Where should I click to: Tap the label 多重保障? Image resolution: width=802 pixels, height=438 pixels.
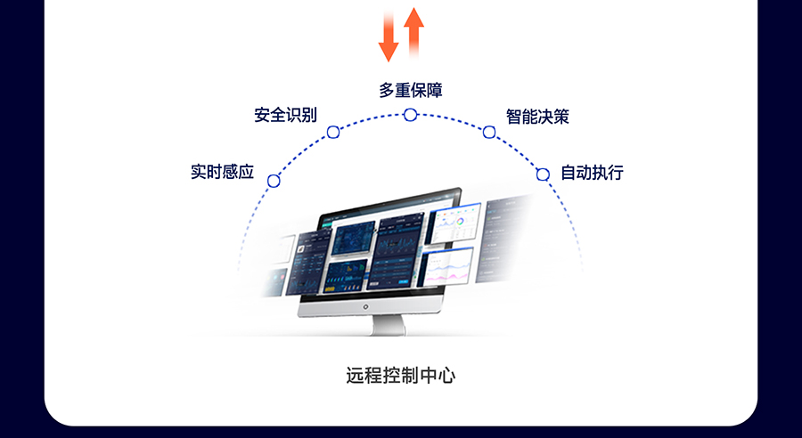(x=411, y=91)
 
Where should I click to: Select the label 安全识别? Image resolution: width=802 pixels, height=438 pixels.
(x=285, y=116)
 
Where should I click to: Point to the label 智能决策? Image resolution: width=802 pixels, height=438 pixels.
(x=537, y=117)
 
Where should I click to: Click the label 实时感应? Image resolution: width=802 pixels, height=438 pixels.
(x=223, y=172)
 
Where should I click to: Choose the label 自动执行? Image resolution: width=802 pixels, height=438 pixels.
(x=592, y=173)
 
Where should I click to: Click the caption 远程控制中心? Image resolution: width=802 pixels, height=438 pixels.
(x=401, y=375)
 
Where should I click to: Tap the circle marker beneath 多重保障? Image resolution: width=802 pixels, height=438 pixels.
(x=411, y=115)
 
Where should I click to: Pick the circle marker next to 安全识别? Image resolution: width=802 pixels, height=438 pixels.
(x=333, y=133)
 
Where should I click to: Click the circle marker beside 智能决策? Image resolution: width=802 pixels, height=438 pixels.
(x=489, y=133)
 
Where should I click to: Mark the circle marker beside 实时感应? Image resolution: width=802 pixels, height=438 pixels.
(x=274, y=181)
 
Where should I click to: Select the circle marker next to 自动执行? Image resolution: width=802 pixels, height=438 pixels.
(x=543, y=174)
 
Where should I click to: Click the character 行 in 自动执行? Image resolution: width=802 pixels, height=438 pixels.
(x=615, y=173)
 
